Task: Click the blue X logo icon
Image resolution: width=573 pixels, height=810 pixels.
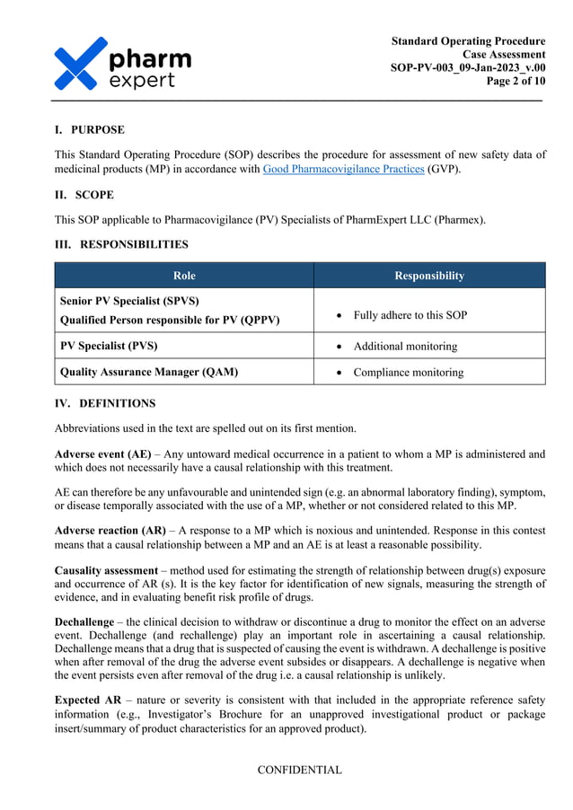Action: (80, 64)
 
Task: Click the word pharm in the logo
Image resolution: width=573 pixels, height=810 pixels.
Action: (150, 59)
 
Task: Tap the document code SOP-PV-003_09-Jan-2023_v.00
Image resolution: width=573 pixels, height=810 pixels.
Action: (467, 68)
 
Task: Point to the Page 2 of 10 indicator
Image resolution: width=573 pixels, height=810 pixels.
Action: (516, 82)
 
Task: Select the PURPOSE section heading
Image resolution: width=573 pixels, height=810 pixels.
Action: (97, 130)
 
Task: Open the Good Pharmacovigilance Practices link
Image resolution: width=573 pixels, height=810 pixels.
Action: (343, 169)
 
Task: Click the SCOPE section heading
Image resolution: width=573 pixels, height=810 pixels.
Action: (93, 195)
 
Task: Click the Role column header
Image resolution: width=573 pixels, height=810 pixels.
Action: (183, 276)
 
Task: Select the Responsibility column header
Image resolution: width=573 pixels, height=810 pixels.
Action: (429, 276)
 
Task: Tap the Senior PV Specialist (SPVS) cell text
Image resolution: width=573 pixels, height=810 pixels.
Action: (129, 301)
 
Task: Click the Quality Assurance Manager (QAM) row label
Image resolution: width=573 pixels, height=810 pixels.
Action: (148, 372)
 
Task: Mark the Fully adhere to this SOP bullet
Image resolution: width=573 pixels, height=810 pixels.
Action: (410, 315)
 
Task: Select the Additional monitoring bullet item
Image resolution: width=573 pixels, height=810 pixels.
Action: (405, 346)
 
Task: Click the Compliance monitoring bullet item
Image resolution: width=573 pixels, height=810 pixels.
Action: (409, 372)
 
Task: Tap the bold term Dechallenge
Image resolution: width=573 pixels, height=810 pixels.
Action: (84, 621)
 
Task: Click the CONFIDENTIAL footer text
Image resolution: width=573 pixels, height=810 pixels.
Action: (299, 770)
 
